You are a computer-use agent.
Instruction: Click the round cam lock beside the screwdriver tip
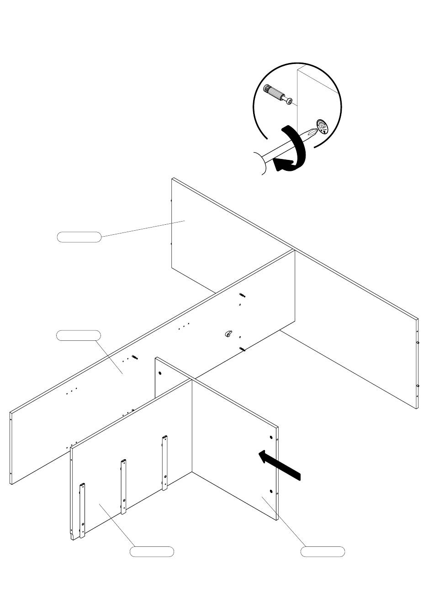pos(322,127)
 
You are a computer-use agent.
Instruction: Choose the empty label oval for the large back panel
pos(79,237)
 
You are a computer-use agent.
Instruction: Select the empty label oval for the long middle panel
pos(78,335)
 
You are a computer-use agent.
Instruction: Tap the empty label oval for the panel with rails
pos(152,551)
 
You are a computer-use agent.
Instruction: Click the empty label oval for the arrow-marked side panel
pos(323,551)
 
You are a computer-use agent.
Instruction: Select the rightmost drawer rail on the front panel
pos(164,462)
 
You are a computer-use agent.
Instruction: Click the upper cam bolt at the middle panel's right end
pos(242,295)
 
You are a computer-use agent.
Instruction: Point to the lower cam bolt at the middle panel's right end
pos(242,349)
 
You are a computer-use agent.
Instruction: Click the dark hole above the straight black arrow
pos(271,438)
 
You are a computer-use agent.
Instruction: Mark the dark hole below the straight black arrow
pos(271,492)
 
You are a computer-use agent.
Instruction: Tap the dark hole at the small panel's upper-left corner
pos(160,373)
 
